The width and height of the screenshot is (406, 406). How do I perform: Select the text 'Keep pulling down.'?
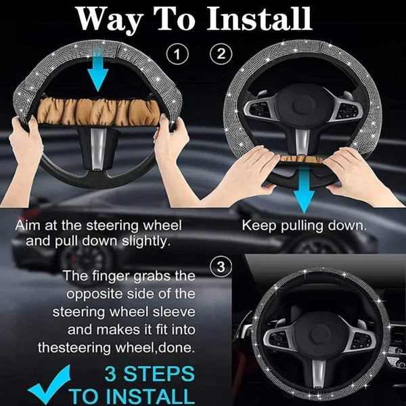tap(304, 225)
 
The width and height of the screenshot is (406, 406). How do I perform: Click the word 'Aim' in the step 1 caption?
tap(28, 225)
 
